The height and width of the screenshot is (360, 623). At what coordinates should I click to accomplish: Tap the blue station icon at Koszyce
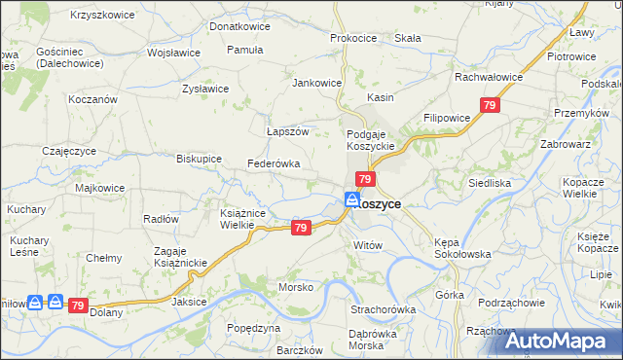pos(350,199)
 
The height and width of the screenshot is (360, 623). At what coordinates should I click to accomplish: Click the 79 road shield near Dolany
pos(79,305)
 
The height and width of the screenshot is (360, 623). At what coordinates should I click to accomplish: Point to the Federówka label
pos(274,164)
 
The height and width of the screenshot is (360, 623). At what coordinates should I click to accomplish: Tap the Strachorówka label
pos(383,309)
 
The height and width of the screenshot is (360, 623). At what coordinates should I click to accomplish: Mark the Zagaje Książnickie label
pos(175,257)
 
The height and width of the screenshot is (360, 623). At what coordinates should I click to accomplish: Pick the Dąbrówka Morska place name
pos(381,341)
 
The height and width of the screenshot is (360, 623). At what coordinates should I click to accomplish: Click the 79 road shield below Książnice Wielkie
pos(301,228)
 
